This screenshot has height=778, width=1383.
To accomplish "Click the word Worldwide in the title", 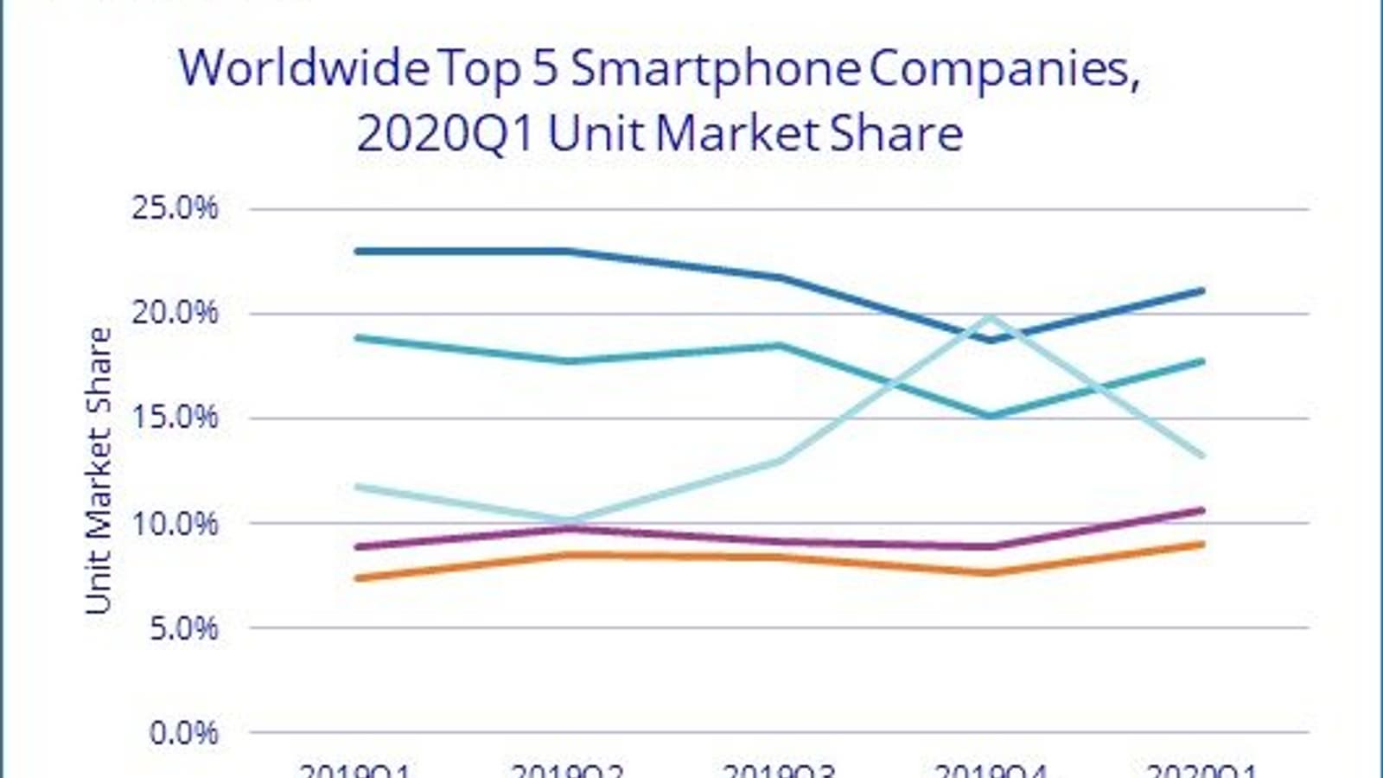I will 303,67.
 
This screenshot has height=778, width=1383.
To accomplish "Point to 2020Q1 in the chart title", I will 445,134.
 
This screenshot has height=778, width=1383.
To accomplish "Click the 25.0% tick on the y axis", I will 174,208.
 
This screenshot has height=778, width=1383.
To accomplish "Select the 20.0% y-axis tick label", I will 174,313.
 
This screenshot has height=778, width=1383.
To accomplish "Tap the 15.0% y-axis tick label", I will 174,418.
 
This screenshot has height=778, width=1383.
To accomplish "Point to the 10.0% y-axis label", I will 174,523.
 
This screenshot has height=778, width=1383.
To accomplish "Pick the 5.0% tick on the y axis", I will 182,628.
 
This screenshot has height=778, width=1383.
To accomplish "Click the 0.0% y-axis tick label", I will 182,733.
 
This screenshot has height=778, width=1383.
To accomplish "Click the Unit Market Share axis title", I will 99,471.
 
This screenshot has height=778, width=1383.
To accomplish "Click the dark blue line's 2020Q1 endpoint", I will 1201,291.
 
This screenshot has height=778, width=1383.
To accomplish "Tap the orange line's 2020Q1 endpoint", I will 1201,545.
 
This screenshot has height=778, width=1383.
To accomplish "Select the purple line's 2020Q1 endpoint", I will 1201,511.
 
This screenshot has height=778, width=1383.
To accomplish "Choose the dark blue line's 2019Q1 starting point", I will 357,252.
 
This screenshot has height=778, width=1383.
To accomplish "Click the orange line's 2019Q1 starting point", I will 357,578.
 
